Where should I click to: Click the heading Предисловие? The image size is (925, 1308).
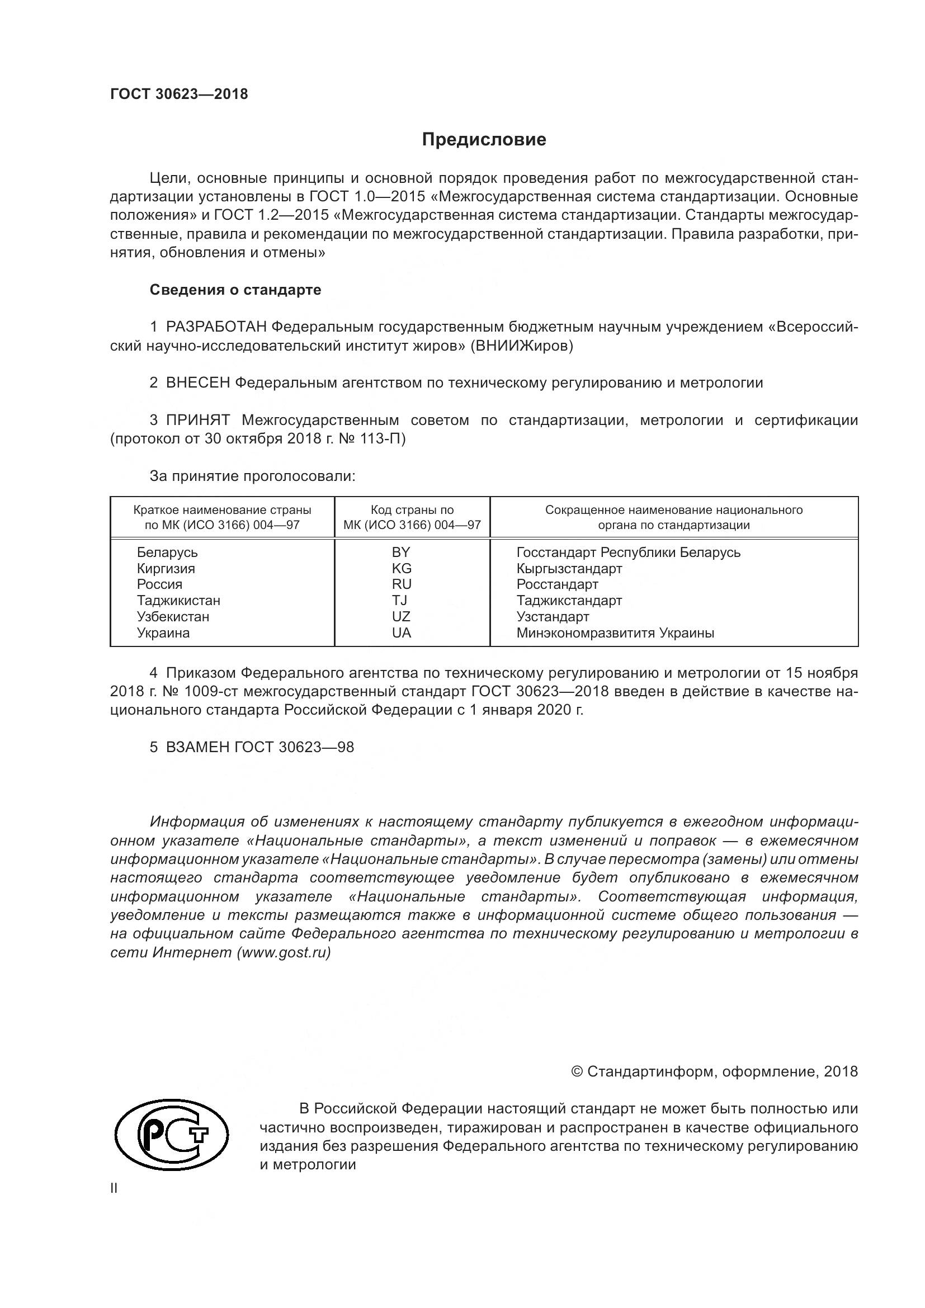[x=484, y=140]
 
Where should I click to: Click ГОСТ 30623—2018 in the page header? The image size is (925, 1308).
[x=179, y=95]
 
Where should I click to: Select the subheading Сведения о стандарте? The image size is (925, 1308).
[x=235, y=290]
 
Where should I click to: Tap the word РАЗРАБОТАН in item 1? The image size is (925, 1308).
[x=216, y=327]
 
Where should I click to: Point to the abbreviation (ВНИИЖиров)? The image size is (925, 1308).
[x=522, y=346]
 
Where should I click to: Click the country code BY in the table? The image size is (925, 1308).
[x=401, y=552]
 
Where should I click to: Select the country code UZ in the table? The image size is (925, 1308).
[x=401, y=616]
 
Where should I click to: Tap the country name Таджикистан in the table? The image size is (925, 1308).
[x=178, y=601]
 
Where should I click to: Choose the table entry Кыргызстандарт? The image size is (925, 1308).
[x=569, y=569]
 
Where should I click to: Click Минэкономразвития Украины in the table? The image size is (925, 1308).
[x=615, y=633]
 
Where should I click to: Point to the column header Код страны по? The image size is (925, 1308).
[x=412, y=510]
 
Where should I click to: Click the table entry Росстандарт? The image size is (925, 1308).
[x=557, y=584]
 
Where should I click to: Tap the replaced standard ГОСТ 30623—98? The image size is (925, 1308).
[x=294, y=748]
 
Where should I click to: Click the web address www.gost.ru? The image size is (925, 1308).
[x=284, y=952]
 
